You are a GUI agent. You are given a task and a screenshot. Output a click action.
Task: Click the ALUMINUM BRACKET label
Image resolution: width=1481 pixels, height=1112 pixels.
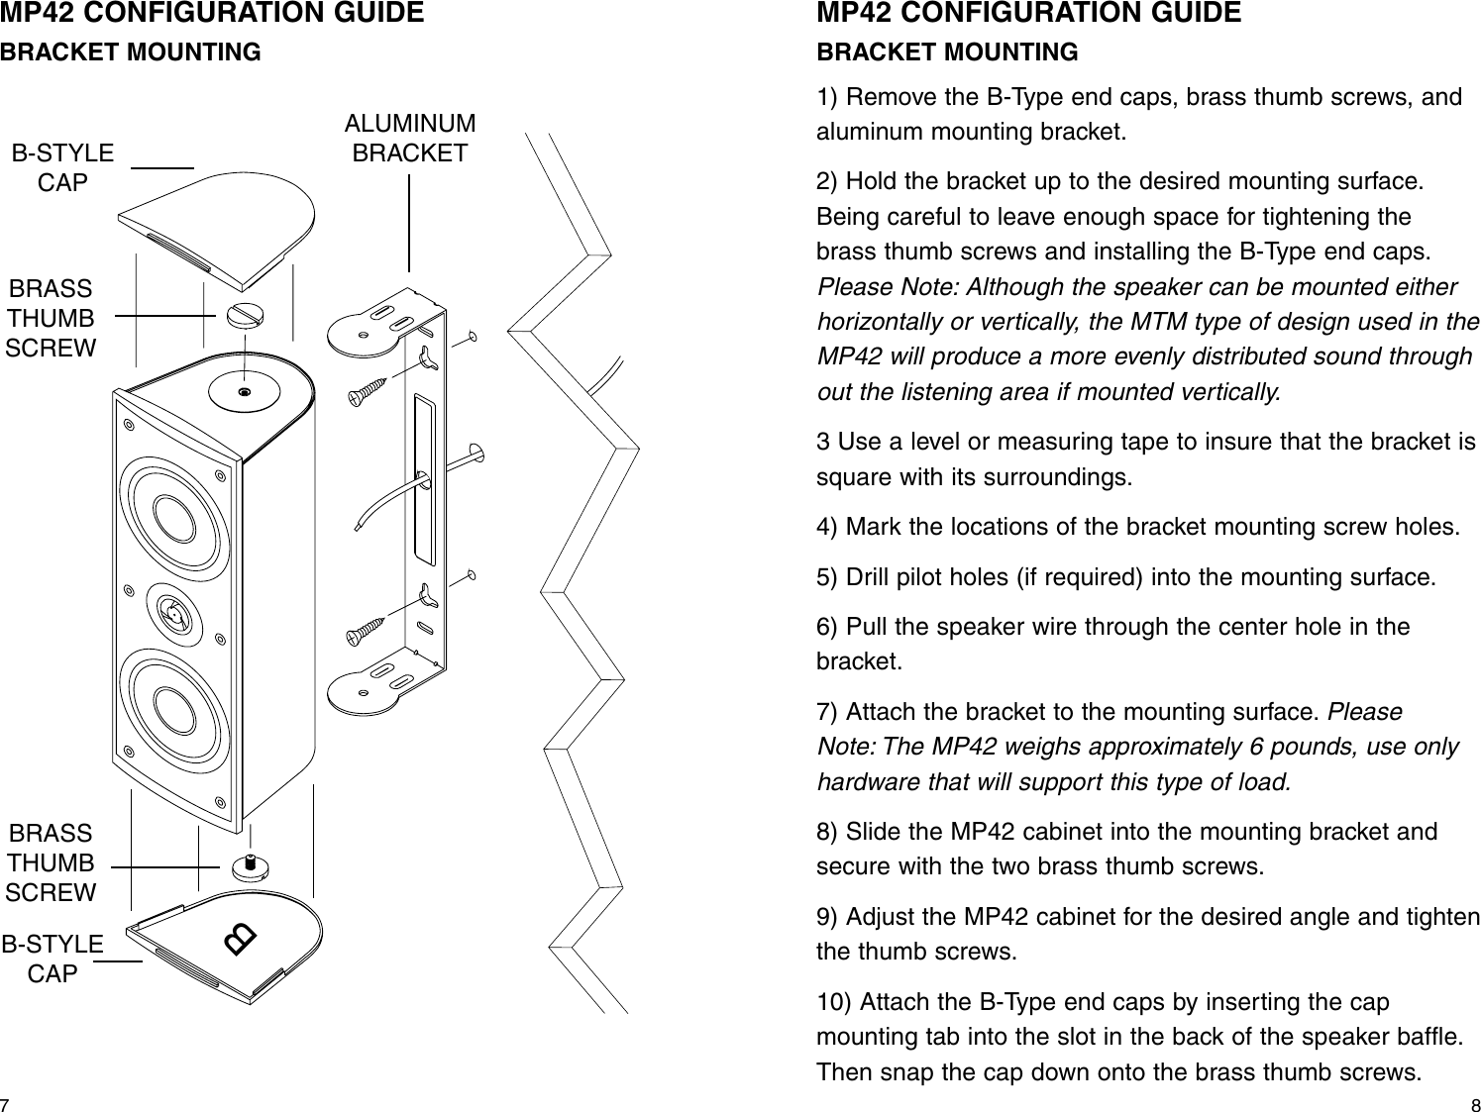point(409,139)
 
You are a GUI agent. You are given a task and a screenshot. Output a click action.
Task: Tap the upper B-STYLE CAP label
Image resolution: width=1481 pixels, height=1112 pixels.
point(62,168)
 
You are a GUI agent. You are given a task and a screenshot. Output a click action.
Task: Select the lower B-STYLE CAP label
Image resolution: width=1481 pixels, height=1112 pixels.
point(53,959)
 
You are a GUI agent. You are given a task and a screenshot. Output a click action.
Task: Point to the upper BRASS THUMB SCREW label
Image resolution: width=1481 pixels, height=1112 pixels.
point(51,318)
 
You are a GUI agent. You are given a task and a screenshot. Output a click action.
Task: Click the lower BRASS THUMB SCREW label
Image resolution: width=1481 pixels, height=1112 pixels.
point(51,862)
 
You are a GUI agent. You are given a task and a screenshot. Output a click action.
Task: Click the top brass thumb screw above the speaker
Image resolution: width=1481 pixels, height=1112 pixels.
point(244,315)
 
